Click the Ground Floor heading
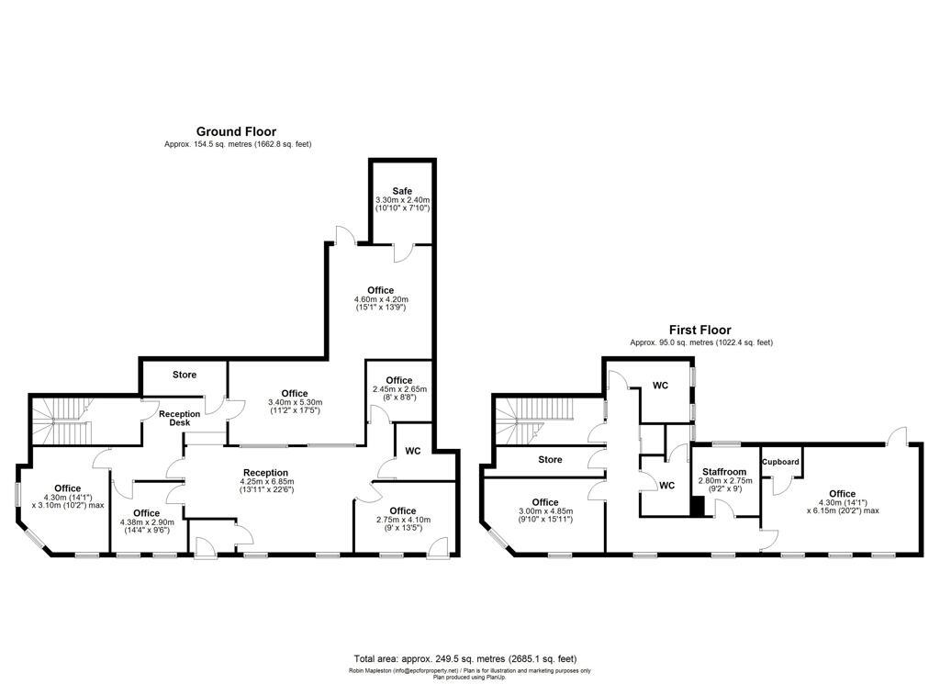[236, 131]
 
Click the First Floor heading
[699, 330]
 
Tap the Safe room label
[402, 190]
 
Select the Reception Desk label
[179, 418]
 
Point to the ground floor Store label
[185, 375]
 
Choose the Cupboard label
[780, 462]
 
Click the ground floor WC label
[413, 451]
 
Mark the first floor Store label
[550, 459]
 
